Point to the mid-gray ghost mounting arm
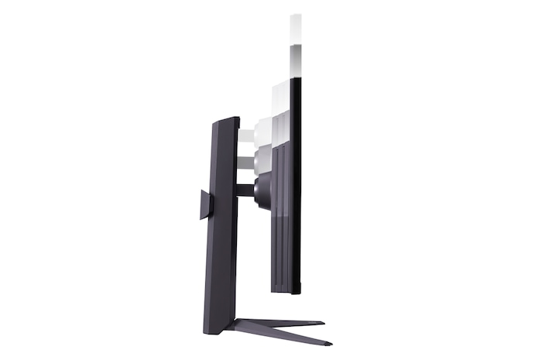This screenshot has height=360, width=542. pos(245,163)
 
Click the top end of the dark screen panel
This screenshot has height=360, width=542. pos(294,81)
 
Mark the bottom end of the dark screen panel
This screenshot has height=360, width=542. pos(295,293)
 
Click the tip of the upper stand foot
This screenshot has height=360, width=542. pos(321,321)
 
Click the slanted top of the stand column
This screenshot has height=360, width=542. pos(225,119)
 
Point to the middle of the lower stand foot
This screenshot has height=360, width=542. pos(283,334)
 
